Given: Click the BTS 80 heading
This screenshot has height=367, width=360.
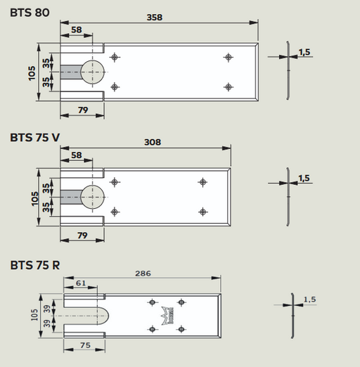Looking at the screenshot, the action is [x=30, y=13].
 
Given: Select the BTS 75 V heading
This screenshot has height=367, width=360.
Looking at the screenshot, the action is [x=35, y=138].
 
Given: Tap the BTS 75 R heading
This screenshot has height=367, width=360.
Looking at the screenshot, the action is [x=35, y=265].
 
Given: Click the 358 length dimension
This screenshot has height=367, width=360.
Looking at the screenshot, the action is [x=155, y=18].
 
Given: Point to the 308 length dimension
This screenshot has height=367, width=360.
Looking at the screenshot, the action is [x=153, y=142].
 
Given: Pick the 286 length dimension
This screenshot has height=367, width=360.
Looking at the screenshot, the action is [x=143, y=273].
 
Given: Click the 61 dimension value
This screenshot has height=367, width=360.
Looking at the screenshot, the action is [x=81, y=283].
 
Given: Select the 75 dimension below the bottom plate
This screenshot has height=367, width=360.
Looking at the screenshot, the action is [x=85, y=345].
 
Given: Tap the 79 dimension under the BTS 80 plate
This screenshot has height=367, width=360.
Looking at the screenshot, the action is [x=83, y=110].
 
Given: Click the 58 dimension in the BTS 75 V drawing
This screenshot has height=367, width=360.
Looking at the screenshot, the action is [x=77, y=155].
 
